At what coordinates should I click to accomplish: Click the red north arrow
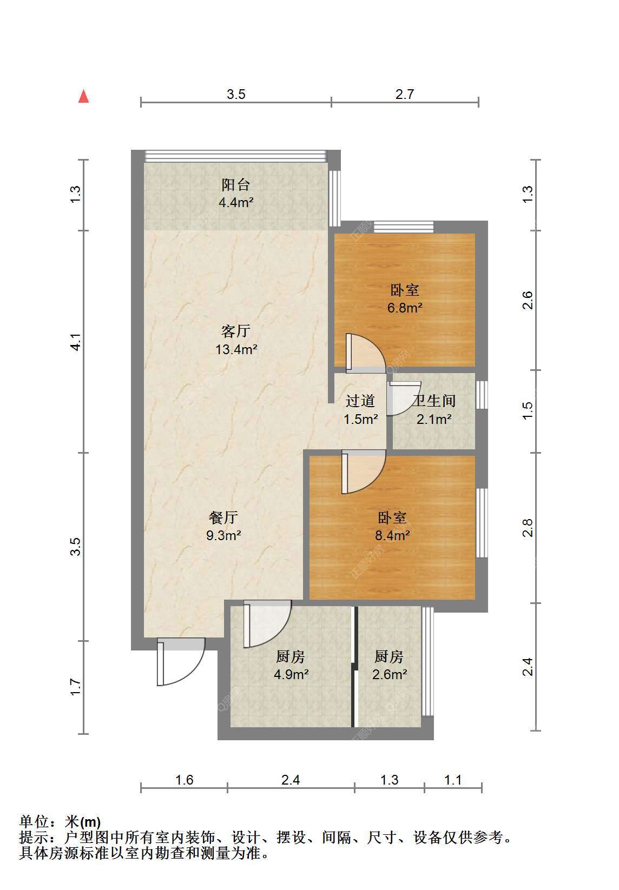coord(83,97)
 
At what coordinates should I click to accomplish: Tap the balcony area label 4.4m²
coord(236,202)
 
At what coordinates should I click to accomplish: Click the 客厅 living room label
coord(236,330)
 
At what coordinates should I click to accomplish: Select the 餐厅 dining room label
coord(223,517)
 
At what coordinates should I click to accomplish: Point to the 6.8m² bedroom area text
coord(405,308)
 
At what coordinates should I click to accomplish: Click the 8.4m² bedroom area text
coord(392,535)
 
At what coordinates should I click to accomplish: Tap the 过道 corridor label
coord(360,401)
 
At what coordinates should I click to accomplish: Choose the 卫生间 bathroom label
coord(434,401)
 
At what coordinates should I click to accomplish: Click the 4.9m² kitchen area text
coord(292,674)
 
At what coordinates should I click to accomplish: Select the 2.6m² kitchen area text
coord(390,674)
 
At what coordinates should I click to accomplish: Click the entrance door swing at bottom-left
coord(181,662)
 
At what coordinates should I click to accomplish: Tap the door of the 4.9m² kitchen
coord(267,624)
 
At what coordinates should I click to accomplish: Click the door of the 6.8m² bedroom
coord(366,353)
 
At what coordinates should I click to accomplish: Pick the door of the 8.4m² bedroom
coord(364,472)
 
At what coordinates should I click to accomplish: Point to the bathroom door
coord(404,398)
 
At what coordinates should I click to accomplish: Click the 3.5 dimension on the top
coord(236,94)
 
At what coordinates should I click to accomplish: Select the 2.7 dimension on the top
coord(405,94)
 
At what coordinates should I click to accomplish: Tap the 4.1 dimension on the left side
coord(75,342)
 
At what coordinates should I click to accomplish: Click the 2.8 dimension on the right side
coord(527,528)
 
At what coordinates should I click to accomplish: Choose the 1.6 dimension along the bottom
coord(185,780)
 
